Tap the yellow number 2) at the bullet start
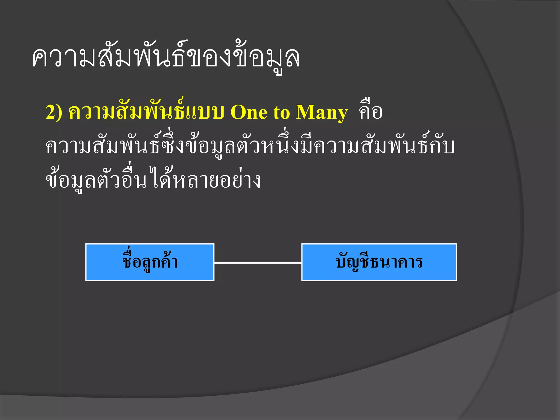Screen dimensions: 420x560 [54, 112]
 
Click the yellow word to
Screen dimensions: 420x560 [281, 112]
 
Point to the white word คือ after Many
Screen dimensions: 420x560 [371, 112]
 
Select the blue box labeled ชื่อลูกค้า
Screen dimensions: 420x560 [150, 262]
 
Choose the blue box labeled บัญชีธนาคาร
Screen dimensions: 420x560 [379, 262]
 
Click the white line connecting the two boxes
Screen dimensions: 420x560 [258, 263]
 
